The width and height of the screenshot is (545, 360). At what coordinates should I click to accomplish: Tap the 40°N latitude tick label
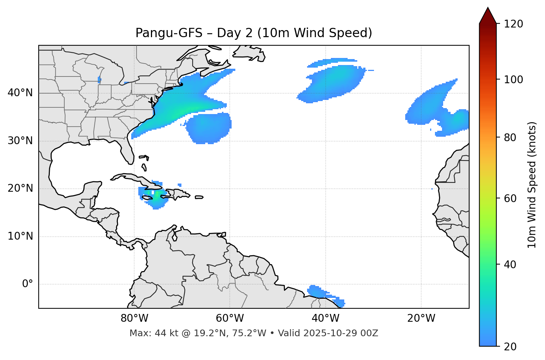click(x=20, y=93)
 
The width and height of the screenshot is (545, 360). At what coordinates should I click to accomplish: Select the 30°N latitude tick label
click(x=20, y=141)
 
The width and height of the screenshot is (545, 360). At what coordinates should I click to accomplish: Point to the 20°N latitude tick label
click(x=20, y=188)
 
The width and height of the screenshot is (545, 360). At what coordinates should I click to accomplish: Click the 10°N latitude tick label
click(x=20, y=236)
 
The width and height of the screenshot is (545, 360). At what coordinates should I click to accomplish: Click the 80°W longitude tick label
click(x=134, y=318)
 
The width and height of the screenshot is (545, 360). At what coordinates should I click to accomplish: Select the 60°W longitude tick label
click(x=230, y=318)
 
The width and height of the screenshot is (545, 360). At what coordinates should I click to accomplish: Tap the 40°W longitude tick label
click(x=325, y=318)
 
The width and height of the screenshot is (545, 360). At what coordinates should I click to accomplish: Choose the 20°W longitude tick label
click(x=421, y=318)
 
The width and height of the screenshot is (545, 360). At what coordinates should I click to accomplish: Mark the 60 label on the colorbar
click(x=511, y=198)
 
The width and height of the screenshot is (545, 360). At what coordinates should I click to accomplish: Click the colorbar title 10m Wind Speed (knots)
click(x=532, y=185)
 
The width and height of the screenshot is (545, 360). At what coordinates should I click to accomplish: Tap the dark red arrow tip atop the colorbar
click(x=488, y=15)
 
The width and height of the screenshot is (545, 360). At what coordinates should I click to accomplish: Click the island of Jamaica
click(x=147, y=198)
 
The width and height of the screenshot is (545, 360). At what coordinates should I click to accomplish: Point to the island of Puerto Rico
click(x=199, y=197)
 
